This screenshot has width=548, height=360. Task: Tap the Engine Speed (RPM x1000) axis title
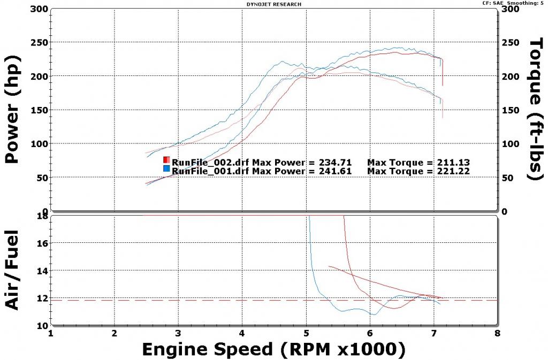coord(273,349)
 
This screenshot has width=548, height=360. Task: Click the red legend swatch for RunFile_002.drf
coord(166,160)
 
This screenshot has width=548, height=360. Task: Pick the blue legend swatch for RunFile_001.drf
coord(166,169)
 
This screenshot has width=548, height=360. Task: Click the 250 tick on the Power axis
coord(40,43)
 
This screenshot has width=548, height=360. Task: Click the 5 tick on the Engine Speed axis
coord(306,333)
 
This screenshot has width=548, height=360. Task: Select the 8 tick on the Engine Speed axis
coord(498,333)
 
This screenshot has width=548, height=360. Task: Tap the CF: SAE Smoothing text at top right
coord(513,3)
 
